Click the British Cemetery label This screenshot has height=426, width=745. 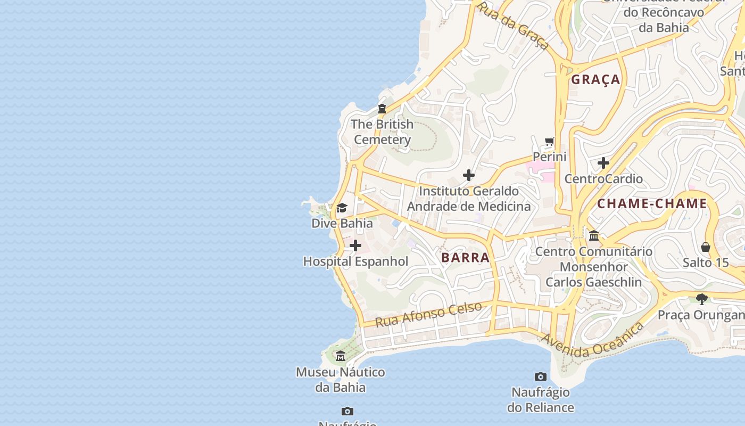pos(382,132)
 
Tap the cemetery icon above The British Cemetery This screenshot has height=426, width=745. pos(382,109)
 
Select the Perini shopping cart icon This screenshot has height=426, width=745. pos(550,142)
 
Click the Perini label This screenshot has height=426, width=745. pos(550,157)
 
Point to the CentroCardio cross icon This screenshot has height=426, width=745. pos(603,162)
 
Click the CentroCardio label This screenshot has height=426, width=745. pos(603,178)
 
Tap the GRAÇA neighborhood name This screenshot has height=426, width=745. pos(595,80)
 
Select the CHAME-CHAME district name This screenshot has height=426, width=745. pos(652,203)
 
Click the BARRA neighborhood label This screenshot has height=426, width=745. pos(465,258)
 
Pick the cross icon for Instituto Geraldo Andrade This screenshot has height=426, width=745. pos(469,175)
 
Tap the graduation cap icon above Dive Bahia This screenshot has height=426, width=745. pos(342,208)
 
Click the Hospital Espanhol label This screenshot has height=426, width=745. pos(355,261)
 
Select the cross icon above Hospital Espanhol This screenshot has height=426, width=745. pos(355,245)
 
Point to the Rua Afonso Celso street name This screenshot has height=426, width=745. pos(429,314)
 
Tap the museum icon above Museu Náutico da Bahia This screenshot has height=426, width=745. pos(341,356)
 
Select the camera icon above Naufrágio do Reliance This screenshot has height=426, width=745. pos(541,377)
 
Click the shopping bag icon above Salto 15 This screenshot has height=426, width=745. pos(706,247)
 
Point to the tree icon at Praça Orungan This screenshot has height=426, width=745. pos(702,299)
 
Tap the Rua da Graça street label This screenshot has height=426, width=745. pos(513,26)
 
